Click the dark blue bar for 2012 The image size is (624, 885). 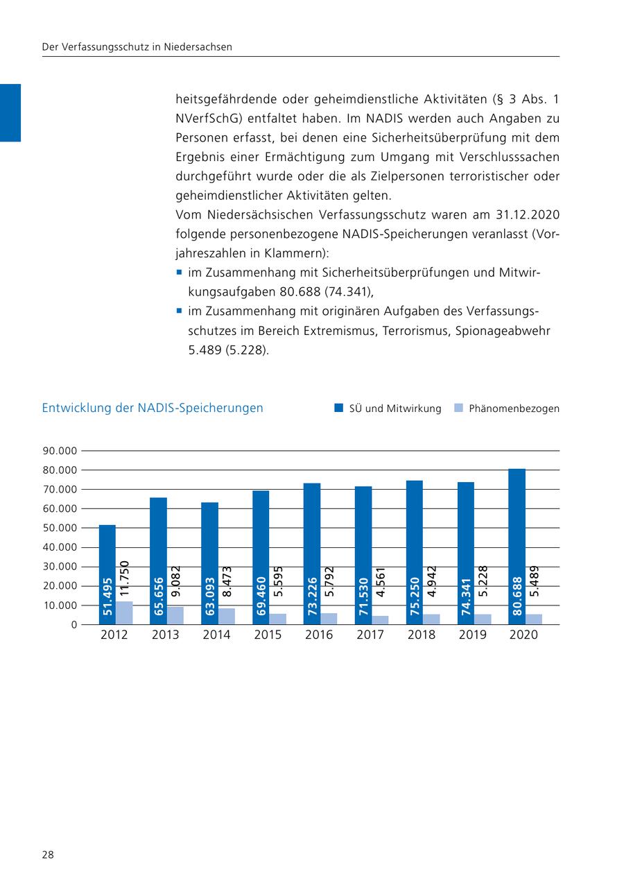tap(107, 555)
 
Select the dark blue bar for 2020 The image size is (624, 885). tap(517, 527)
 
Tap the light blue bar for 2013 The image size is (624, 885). tap(175, 616)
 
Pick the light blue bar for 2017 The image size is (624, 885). tap(380, 620)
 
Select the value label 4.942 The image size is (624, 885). tap(432, 581)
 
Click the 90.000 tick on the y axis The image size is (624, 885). tap(59, 451)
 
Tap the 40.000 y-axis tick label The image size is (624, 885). tap(59, 547)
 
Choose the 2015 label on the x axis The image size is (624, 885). tap(268, 635)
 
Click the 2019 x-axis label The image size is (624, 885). tap(473, 635)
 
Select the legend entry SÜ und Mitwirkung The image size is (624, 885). tap(395, 409)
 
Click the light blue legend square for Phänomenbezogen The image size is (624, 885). tap(458, 409)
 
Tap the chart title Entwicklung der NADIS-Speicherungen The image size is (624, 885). tap(153, 408)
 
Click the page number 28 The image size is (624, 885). tap(48, 854)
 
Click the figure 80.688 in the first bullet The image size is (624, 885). tap(303, 292)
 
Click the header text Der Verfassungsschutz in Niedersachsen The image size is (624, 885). tap(137, 47)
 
